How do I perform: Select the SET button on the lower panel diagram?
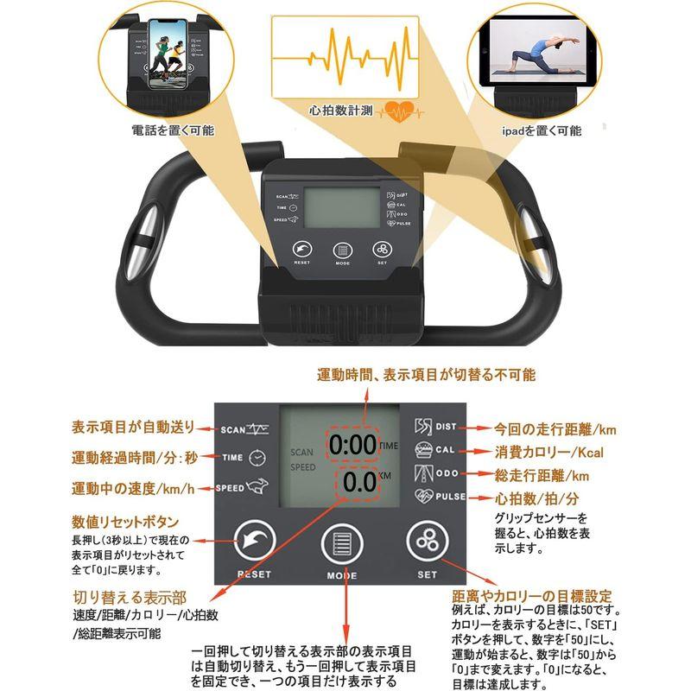(427, 541)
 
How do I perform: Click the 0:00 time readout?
(352, 446)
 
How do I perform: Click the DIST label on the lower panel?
(446, 427)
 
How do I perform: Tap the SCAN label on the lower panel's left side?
(233, 428)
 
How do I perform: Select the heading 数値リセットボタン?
(125, 522)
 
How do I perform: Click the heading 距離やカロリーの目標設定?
(532, 596)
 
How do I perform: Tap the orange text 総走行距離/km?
(542, 476)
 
